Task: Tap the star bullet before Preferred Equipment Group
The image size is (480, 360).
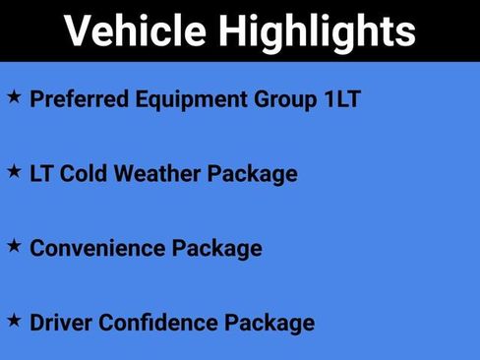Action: [14, 97]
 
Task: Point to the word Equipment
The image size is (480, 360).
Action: [184, 100]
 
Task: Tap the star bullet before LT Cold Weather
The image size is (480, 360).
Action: [14, 171]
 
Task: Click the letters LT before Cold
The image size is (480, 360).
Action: [42, 174]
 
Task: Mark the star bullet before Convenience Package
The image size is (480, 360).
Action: [14, 245]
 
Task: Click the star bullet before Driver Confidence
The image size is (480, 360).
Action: [14, 320]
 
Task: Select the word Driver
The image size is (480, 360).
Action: [61, 322]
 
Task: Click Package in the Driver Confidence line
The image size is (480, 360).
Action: [270, 323]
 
